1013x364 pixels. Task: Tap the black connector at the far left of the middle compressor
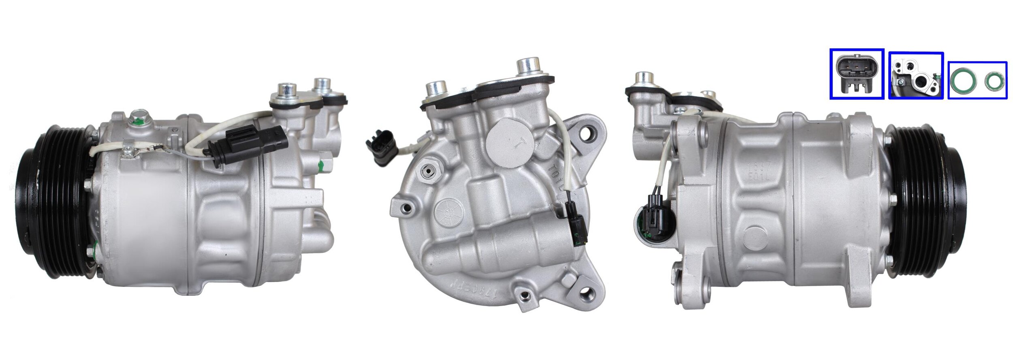380,147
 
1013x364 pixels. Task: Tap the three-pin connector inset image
857,74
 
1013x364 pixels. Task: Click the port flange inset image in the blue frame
916,75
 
